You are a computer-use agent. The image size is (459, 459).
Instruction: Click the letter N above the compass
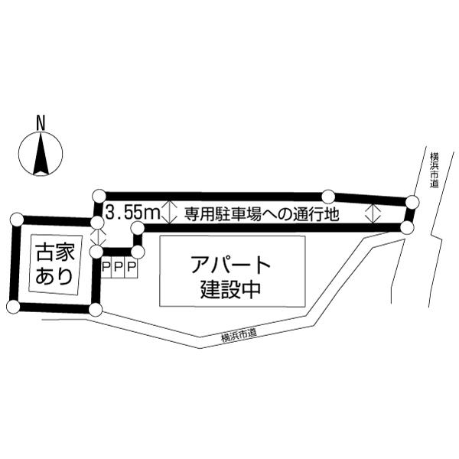tap(41, 122)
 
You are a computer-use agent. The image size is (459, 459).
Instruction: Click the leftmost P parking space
tap(106, 267)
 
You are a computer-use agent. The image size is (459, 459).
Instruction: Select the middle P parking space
tap(119, 267)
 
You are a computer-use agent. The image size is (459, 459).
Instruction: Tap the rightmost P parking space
tap(131, 267)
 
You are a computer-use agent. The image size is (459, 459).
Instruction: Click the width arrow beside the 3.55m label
tap(171, 211)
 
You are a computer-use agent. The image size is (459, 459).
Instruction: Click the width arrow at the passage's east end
tap(374, 213)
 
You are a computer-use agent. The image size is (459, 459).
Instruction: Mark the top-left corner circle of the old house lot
tap(17, 220)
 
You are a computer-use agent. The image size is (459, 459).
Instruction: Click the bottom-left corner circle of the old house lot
tap(12, 307)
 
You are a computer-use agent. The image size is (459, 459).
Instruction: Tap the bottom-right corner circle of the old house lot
tap(95, 310)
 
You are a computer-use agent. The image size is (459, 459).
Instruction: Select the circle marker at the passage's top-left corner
tap(99, 194)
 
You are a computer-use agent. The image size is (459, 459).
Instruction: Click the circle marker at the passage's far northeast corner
tap(412, 202)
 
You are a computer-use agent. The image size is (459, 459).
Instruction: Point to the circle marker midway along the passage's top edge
tap(328, 196)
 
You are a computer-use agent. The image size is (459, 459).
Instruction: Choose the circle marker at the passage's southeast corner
tap(407, 227)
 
